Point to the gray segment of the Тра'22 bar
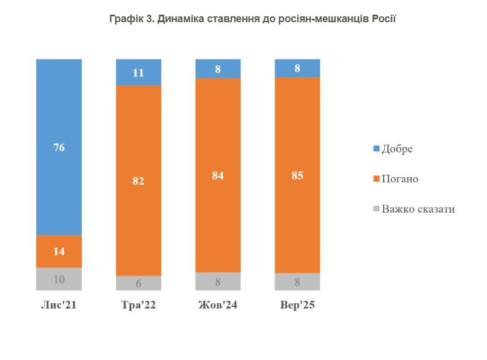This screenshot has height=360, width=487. click(138, 283)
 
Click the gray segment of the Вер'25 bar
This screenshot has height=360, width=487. click(297, 282)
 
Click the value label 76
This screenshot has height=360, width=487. click(59, 147)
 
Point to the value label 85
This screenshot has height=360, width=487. click(297, 174)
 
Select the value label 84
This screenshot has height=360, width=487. click(218, 174)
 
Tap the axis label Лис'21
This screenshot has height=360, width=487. click(59, 305)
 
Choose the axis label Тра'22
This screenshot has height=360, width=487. click(138, 305)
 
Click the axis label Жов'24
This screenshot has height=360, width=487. click(218, 305)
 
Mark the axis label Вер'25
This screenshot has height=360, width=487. click(297, 305)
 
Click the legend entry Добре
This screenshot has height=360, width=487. click(396, 148)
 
